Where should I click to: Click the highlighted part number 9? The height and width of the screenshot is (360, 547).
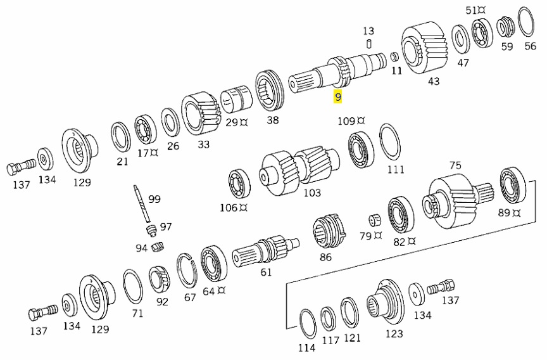point(338,97)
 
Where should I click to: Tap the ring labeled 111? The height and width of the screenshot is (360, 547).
point(389,143)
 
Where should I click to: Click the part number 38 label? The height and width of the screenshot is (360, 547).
point(272,120)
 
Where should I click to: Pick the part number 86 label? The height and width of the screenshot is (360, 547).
point(325,257)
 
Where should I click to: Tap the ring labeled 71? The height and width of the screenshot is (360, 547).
point(132,286)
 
